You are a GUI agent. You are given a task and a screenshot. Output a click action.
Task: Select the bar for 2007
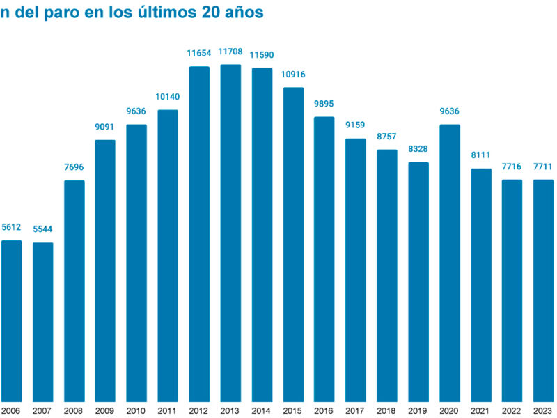click(42, 320)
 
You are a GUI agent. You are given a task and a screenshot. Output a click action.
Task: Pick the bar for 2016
click(324, 258)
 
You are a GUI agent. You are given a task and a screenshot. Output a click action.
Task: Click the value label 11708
click(230, 52)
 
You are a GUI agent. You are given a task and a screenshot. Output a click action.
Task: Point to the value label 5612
click(11, 227)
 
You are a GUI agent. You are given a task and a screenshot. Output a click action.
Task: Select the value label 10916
click(293, 75)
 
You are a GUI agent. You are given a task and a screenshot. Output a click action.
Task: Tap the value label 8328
click(418, 149)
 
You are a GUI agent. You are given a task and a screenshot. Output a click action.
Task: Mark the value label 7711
click(544, 167)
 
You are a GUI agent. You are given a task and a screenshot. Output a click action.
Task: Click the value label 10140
click(168, 97)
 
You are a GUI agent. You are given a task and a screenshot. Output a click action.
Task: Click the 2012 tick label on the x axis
click(199, 410)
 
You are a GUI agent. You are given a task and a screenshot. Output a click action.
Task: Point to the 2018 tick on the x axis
click(387, 410)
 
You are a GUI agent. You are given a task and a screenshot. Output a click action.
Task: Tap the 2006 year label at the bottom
click(11, 410)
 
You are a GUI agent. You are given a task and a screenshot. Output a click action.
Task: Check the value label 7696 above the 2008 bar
click(74, 167)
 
